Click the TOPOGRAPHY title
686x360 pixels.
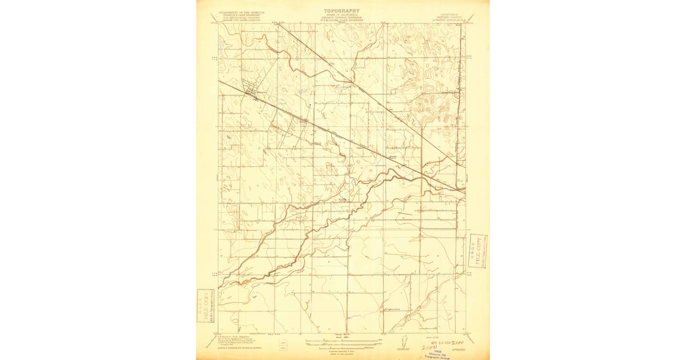pyautogui.click(x=342, y=10)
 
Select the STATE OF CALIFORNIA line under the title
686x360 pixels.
pyautogui.click(x=342, y=14)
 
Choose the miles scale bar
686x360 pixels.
pyautogui.click(x=341, y=341)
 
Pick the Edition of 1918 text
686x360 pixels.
pyautogui.click(x=424, y=330)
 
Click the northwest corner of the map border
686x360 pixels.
pyautogui.click(x=218, y=23)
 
